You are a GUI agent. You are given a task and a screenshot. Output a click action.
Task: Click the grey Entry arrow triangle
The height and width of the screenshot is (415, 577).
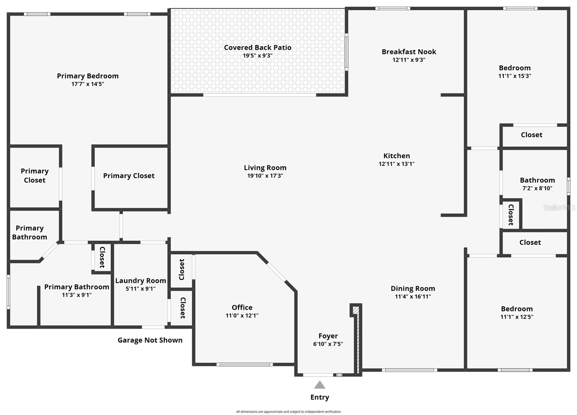tap(320, 385)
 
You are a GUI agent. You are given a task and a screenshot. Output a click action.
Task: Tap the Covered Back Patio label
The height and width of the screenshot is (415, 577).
tap(257, 48)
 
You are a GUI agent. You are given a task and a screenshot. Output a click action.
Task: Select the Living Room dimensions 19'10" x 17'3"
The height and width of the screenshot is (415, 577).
tap(265, 176)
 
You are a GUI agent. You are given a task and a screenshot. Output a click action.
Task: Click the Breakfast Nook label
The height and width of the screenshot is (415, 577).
tap(409, 52)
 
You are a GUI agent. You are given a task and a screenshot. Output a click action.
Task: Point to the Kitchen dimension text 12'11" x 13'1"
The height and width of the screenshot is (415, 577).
tap(396, 164)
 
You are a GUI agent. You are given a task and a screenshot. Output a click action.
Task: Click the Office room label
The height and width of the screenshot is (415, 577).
tap(242, 307)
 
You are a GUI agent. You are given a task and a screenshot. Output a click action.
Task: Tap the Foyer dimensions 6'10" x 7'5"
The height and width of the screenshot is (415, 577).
tap(328, 344)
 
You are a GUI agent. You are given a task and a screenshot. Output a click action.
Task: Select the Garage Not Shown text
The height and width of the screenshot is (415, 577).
tap(150, 340)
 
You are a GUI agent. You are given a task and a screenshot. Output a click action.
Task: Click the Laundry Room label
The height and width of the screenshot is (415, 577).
tap(141, 281)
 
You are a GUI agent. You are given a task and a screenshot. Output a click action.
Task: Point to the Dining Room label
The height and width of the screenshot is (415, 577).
tap(413, 288)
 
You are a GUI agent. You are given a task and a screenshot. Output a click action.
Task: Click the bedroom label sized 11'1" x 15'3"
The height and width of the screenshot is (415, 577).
tap(515, 68)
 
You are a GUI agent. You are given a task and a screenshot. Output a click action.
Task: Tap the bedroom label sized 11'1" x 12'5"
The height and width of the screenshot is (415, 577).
tap(516, 309)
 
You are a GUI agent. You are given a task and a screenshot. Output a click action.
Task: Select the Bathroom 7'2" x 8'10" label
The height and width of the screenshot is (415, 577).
tap(537, 180)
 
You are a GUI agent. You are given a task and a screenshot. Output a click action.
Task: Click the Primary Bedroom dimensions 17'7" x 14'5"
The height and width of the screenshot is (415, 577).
tap(88, 84)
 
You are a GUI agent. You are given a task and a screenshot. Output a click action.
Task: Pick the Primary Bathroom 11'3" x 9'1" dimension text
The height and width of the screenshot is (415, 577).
tap(76, 295)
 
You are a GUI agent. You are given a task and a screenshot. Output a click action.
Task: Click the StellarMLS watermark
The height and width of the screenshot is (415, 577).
tap(559, 207)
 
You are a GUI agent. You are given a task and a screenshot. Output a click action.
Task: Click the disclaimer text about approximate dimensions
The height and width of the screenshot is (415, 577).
tap(288, 411)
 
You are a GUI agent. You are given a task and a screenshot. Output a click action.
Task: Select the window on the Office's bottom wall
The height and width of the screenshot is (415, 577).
tap(245, 364)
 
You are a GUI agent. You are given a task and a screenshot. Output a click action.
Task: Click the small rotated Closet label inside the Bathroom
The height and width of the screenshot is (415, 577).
tap(511, 215)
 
